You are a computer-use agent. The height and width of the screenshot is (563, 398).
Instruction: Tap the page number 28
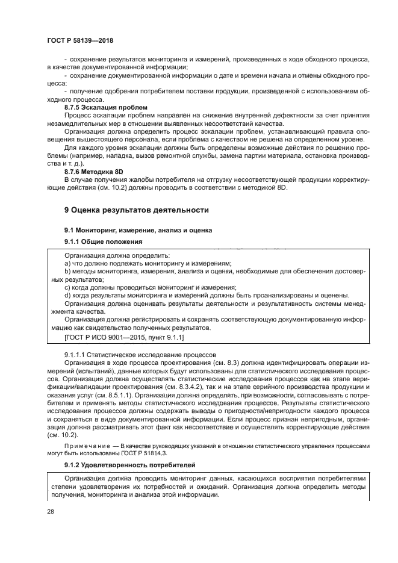(51, 512)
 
